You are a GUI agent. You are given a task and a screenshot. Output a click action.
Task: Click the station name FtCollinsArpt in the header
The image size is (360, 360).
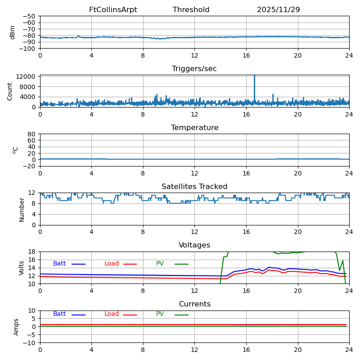pos(113,10)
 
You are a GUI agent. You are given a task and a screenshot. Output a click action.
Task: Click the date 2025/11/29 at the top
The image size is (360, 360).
pos(278,10)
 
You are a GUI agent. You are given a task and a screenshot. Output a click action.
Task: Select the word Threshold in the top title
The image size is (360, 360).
pos(191,10)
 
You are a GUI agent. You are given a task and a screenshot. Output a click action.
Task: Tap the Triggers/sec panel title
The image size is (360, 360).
pos(194,69)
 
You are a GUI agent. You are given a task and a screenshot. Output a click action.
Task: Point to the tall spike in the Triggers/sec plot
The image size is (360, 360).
pos(254,81)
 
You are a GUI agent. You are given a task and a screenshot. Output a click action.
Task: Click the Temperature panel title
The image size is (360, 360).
pos(194,128)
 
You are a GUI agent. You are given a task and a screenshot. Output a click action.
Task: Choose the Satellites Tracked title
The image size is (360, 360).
pos(194,187)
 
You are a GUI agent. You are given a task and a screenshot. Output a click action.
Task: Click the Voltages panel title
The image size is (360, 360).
pos(194,245)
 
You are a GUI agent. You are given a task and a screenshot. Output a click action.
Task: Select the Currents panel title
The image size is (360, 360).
pos(194,304)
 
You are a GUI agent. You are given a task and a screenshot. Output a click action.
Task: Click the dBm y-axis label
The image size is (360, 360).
pos(13,32)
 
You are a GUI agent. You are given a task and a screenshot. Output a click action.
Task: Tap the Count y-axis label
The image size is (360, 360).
pos(10,91)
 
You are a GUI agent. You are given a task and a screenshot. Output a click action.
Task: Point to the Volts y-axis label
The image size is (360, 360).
pos(22,268)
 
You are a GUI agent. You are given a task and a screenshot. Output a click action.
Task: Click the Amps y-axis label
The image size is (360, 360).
pos(17,327)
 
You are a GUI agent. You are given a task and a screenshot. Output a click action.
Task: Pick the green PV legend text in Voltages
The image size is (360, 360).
pos(160,264)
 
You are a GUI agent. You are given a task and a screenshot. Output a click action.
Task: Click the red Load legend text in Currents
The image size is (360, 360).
pos(112,314)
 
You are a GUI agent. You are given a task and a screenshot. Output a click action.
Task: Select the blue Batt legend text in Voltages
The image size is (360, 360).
pos(59,264)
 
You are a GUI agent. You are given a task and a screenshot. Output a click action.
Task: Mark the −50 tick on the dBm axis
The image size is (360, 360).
pos(29,16)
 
